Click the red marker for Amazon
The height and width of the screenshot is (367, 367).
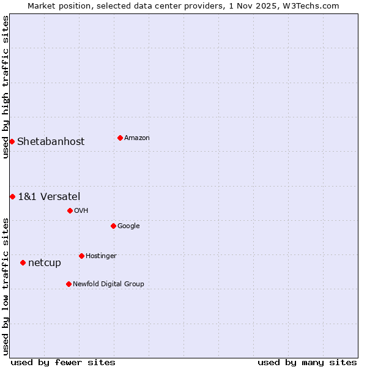[120, 138]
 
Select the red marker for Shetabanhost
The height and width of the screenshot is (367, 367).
[12, 141]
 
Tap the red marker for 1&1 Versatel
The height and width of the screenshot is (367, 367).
[12, 196]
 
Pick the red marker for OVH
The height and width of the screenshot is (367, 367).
[70, 210]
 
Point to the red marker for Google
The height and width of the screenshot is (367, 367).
[113, 226]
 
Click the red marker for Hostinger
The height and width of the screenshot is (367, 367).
[81, 256]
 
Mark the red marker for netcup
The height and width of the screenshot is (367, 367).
[23, 262]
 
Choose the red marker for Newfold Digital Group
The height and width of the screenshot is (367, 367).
[69, 284]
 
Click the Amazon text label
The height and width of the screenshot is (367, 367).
[137, 138]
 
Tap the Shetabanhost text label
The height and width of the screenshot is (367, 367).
[51, 142]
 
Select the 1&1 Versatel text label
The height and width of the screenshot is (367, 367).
[49, 197]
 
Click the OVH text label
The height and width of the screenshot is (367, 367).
[81, 211]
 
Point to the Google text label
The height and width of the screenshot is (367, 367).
[128, 226]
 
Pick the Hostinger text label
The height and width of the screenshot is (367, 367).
[101, 256]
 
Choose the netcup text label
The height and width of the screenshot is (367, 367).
[45, 263]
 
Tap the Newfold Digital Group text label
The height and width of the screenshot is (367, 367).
[108, 284]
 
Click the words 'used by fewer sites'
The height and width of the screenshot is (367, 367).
[63, 363]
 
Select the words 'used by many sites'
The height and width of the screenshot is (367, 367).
[307, 363]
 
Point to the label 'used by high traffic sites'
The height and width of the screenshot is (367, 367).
[6, 87]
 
